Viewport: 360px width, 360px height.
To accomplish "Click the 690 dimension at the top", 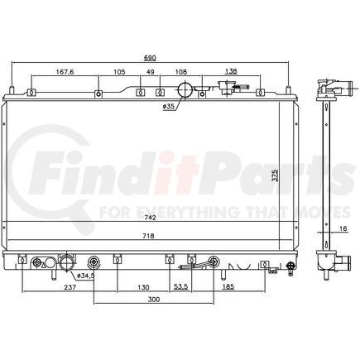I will pyautogui.click(x=151, y=59).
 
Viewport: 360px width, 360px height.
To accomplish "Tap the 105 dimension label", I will pyautogui.click(x=118, y=72).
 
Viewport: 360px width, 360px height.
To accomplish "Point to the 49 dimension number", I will pyautogui.click(x=151, y=72).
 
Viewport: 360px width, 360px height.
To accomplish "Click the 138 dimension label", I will pyautogui.click(x=231, y=72).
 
